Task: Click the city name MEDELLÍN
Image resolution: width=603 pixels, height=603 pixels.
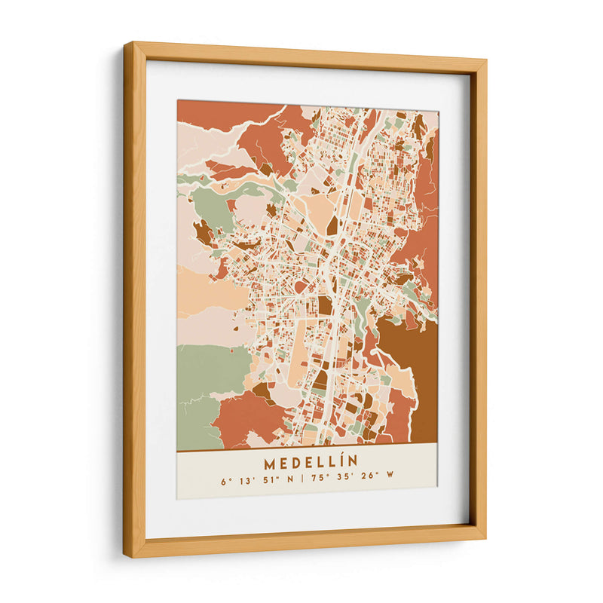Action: click(x=311, y=460)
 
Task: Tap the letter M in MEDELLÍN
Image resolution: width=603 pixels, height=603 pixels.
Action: click(x=270, y=460)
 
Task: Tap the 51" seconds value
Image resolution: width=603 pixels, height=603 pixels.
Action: click(x=268, y=479)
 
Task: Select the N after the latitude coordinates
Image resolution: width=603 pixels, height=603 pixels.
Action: click(x=290, y=479)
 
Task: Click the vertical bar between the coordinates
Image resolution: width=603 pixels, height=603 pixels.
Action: click(x=303, y=479)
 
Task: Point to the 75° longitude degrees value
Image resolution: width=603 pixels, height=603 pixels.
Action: click(x=318, y=479)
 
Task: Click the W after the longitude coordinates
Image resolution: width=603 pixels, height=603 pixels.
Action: click(x=391, y=479)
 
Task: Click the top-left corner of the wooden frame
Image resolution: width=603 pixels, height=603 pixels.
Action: click(x=125, y=43)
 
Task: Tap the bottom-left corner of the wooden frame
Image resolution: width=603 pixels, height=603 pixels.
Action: click(x=125, y=556)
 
